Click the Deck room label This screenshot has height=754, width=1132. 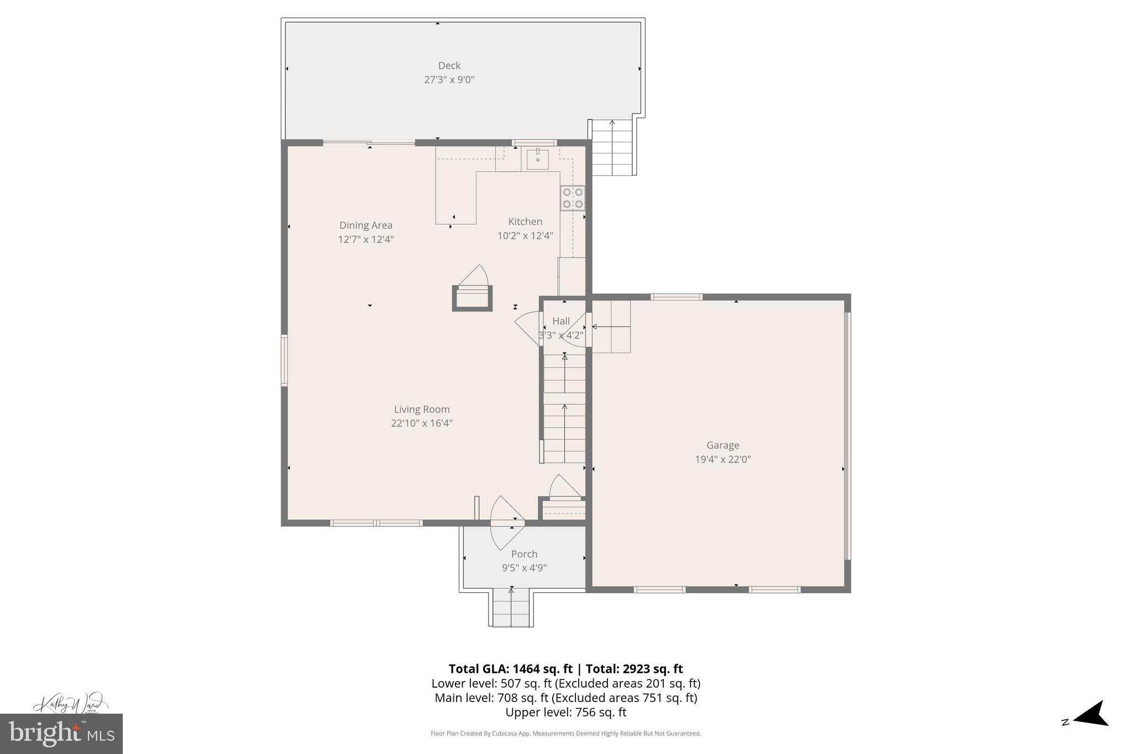point(449,66)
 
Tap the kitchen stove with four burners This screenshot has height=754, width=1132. point(573,198)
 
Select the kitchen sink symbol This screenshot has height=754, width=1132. point(537,159)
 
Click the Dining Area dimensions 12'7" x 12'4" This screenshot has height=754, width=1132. point(366,239)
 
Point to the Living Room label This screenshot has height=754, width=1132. point(422,409)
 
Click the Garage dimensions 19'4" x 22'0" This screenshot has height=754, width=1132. point(722,459)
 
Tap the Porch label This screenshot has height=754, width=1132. point(524,554)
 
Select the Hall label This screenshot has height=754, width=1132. point(561,321)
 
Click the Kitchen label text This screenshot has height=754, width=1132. point(525,222)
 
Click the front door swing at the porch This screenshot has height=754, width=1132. point(506,522)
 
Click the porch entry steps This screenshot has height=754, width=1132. point(511,608)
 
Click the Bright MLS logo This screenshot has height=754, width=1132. point(61,734)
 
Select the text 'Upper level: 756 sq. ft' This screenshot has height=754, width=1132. point(565,713)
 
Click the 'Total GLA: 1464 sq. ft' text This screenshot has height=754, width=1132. point(510,669)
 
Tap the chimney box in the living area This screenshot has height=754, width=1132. point(472,298)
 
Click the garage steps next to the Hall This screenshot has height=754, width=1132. point(611,326)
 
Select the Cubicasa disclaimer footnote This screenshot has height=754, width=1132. point(565,734)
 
